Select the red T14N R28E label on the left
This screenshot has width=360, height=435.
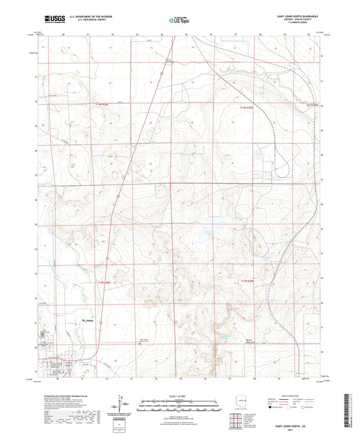[102, 103]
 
